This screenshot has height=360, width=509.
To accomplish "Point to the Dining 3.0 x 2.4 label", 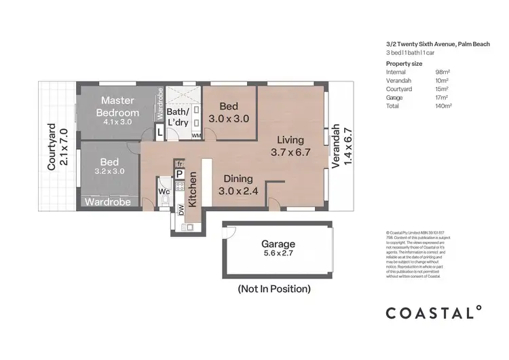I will tap(238, 185).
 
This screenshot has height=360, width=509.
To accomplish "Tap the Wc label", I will tap(164, 192).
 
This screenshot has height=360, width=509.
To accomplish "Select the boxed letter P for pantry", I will tap(179, 175).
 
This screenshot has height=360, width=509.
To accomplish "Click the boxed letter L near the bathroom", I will tap(159, 133).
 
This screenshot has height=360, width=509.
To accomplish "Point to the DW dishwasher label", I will tap(181, 211).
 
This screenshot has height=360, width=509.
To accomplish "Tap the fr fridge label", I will tap(179, 164).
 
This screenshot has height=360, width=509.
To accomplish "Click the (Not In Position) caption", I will tap(274, 289).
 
